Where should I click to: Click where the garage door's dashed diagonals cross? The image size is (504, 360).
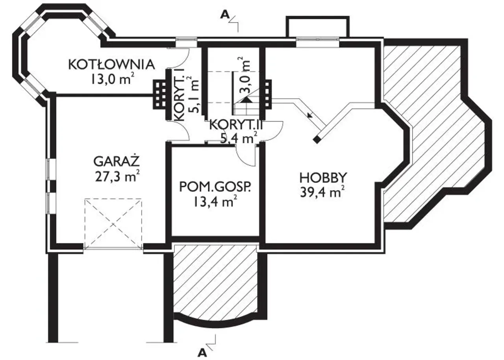point(113,224)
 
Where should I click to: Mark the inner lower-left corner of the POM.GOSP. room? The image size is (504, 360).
point(172,236)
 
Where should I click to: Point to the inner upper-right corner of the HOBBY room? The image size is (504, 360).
point(375,48)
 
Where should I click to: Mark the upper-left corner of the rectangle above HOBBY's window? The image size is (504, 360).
point(286,16)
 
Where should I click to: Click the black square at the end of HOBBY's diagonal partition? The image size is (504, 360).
point(317,139)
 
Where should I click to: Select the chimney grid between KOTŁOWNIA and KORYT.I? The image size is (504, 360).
point(160,94)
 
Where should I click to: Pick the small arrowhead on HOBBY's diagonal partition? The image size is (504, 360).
point(310,115)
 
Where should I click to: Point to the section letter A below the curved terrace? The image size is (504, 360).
point(202,353)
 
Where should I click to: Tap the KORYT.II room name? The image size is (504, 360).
point(236,125)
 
